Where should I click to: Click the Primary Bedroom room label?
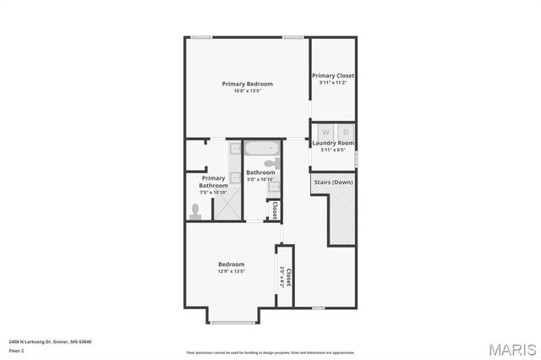pos(246,84)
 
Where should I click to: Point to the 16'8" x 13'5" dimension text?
pos(246,91)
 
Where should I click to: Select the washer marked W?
pos(325,133)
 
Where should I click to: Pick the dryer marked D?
pos(345,133)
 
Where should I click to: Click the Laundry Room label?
pos(333,143)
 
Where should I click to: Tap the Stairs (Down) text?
pos(333,183)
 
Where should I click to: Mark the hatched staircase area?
pos(342,216)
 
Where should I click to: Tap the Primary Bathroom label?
pos(213,182)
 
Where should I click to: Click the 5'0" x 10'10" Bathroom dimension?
pos(260,180)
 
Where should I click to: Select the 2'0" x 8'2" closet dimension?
pos(281,277)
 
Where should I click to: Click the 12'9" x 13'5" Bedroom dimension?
pos(231,272)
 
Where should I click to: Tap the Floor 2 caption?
pos(16,350)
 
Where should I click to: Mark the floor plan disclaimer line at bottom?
pos(270,352)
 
